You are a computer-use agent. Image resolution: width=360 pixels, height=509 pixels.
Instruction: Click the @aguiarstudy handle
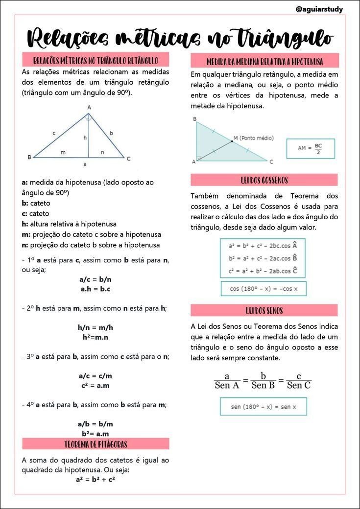[x=319, y=9]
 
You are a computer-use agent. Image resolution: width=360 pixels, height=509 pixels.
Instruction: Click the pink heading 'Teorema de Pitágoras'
[x=96, y=444]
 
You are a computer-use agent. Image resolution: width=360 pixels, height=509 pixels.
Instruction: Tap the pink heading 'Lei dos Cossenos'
[x=264, y=180]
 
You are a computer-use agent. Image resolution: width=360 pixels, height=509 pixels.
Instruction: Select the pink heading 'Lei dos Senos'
[x=264, y=310]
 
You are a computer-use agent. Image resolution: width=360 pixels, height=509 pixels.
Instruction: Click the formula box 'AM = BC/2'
[x=310, y=149]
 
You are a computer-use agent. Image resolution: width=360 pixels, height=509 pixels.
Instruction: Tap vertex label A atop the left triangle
[x=89, y=107]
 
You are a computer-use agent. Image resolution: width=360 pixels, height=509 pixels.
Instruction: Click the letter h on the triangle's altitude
[x=85, y=138]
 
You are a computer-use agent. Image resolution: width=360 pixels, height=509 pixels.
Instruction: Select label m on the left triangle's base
[x=63, y=153]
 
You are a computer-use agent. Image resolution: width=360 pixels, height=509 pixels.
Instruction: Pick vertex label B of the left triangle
[x=29, y=157]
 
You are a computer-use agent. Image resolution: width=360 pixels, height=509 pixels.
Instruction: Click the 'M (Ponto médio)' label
[x=253, y=138]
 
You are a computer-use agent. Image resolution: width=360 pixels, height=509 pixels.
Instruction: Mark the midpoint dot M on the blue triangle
[x=232, y=141]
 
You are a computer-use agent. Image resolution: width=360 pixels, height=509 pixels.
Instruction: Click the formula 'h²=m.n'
[x=95, y=337]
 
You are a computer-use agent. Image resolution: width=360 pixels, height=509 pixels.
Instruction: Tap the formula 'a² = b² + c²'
[x=95, y=479]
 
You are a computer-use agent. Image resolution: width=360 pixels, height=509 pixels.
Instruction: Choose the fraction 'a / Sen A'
[x=227, y=381]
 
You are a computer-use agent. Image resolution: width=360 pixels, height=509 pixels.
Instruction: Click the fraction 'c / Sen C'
[x=298, y=381]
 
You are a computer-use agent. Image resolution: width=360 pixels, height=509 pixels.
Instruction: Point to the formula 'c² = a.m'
[x=95, y=385]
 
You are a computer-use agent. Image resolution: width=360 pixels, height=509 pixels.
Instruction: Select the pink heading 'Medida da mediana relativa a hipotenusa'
[x=264, y=62]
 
